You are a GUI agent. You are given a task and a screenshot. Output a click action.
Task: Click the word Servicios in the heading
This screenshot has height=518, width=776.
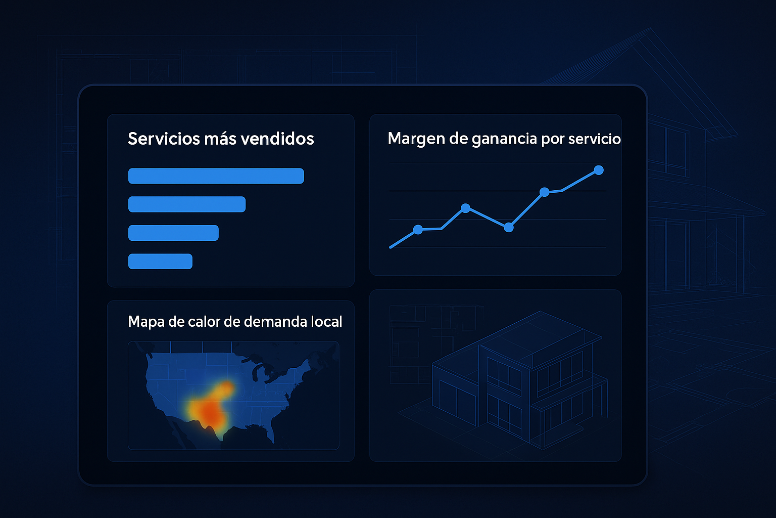[164, 139]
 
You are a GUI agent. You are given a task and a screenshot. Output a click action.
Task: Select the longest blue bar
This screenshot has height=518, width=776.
[216, 176]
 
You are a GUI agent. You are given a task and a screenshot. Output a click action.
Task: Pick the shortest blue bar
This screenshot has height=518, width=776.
[160, 261]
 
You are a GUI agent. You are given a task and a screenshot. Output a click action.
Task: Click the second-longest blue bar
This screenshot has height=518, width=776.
[187, 204]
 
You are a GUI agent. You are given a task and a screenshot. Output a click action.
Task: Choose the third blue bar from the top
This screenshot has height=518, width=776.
[174, 233]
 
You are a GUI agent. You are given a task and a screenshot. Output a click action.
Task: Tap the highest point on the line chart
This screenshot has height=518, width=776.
[599, 170]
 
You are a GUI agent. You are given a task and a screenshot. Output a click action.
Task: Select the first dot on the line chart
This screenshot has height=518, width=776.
[418, 229]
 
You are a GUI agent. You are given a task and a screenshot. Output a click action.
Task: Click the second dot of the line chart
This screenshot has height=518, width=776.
[466, 208]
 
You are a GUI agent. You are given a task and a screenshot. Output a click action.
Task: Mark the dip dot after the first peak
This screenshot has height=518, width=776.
[509, 227]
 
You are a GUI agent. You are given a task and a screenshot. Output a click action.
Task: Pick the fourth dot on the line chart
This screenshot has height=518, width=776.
[545, 192]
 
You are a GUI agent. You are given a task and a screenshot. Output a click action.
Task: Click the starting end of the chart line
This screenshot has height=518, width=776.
[391, 247]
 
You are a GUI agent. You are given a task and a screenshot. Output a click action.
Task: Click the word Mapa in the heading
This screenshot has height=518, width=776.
[146, 322]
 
